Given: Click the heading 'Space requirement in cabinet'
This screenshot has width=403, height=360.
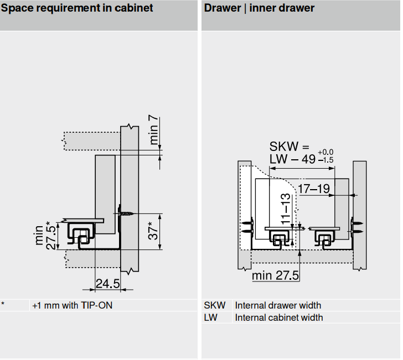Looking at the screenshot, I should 77,8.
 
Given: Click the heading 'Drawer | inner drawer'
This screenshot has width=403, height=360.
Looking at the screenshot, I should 259,8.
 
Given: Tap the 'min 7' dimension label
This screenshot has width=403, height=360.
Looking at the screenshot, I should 154,130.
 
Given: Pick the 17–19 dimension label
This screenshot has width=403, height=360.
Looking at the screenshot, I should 314,189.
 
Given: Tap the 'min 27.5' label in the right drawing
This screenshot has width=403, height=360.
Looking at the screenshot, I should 275,275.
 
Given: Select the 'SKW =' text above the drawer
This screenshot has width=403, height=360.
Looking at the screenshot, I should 288,147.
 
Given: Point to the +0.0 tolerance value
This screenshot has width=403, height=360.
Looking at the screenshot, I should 325,152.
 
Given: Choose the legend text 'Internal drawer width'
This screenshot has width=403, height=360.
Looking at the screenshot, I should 278,305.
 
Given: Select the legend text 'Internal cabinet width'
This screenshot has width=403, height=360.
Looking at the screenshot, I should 279,317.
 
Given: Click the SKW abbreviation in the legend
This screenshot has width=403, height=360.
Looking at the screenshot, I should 214,305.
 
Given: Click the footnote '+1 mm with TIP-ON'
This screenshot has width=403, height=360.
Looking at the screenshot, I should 72,305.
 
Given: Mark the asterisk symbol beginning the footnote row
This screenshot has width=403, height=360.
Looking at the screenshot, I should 3,304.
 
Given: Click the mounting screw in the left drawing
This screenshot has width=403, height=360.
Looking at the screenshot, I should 127,212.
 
